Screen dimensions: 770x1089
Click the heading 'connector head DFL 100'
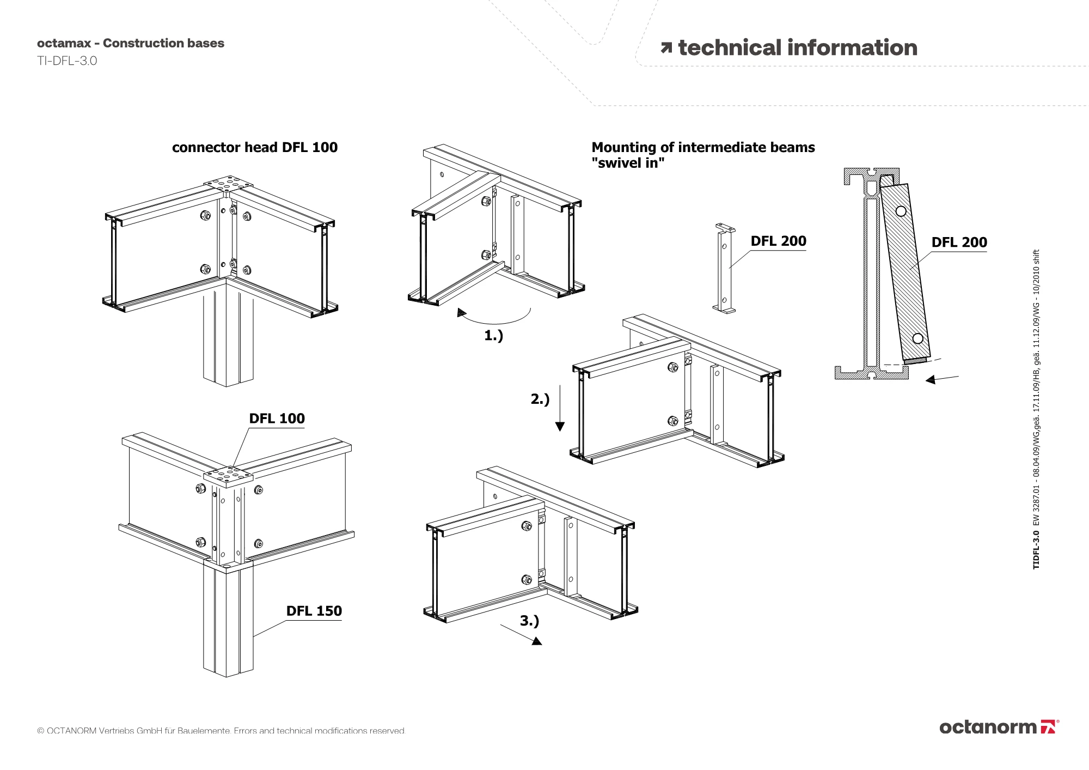tap(254, 148)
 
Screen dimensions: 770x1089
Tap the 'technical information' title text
tap(797, 48)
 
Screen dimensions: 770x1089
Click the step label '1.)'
tap(493, 336)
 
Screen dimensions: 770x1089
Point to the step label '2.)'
tap(540, 399)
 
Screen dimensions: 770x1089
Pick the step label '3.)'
tap(529, 621)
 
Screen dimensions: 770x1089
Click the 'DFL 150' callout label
tap(314, 611)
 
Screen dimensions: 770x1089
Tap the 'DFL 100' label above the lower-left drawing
tap(277, 419)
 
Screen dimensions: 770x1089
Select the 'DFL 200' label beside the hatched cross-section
tap(959, 242)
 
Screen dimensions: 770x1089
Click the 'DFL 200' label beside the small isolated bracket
tap(778, 241)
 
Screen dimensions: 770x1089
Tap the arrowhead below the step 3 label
tap(537, 641)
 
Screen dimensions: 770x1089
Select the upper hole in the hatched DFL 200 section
tap(901, 211)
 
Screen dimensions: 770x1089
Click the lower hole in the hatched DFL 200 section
tap(917, 338)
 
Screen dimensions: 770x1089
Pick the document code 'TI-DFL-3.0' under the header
tap(67, 61)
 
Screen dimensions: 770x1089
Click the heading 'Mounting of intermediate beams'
tap(703, 148)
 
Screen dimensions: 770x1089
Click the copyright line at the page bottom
tap(221, 731)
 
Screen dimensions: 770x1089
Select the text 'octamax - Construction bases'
tap(131, 44)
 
